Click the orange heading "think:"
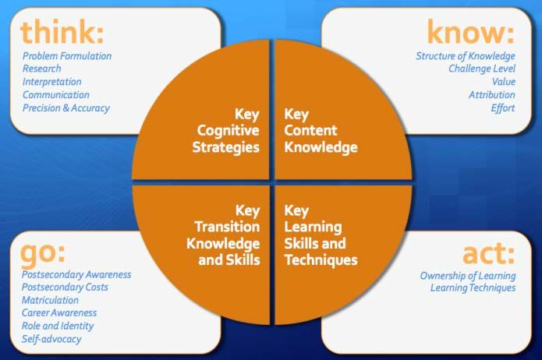62,32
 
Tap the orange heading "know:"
471,32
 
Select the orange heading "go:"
43,253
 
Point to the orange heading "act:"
489,253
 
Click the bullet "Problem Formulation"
67,56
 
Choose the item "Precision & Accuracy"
66,108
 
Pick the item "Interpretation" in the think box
51,82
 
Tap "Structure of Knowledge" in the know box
466,56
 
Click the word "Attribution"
492,94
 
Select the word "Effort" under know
503,108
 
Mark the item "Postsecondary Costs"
65,287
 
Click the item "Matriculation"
50,300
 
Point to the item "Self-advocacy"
51,339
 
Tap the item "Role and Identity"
58,326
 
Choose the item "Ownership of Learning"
468,276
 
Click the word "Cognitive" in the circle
228,131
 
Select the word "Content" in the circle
310,130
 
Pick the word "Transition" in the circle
227,227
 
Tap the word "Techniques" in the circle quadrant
321,259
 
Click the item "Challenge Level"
482,69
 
